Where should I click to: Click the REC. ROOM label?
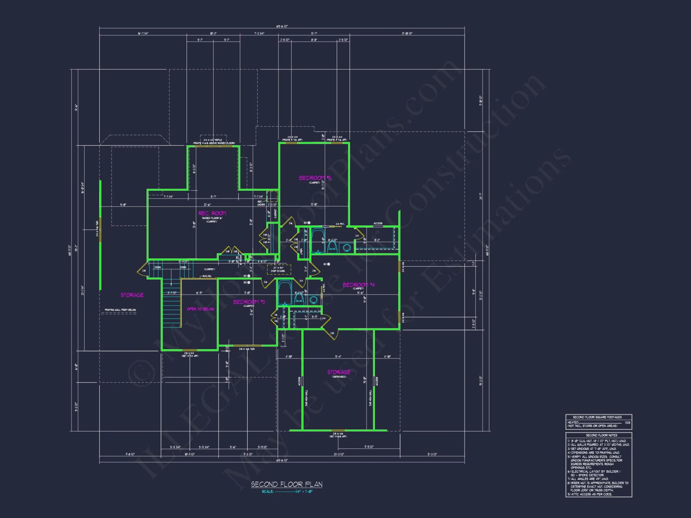point(212,213)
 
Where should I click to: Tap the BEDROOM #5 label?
point(315,178)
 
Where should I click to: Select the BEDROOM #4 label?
point(358,285)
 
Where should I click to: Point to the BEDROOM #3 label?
point(249,302)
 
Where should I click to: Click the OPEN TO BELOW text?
point(200,309)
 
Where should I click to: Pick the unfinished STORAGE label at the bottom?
point(339,372)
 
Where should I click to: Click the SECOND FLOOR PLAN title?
point(286,484)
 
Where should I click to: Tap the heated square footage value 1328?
point(627,422)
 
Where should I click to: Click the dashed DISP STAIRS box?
point(279,269)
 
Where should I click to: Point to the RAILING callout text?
point(207,276)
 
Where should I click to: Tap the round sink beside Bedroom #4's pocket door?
point(313,300)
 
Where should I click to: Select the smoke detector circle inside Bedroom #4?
point(328,264)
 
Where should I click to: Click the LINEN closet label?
point(301,251)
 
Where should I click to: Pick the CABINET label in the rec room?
point(275,213)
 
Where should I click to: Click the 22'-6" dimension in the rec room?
point(207,205)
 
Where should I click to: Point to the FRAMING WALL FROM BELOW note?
point(120,310)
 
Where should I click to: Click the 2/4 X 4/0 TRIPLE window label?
point(213,140)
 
